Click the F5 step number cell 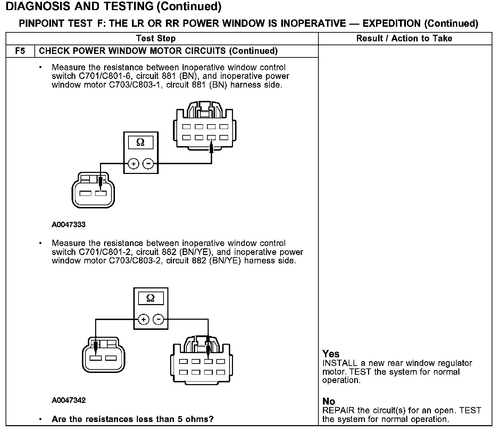[x=20, y=51]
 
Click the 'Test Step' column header [x=156, y=38]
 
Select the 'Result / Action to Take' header [x=404, y=38]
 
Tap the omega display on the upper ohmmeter [x=140, y=142]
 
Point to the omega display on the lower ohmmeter [x=150, y=298]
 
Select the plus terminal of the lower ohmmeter [x=143, y=319]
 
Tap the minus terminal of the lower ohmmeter [x=158, y=319]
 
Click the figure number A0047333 [x=68, y=224]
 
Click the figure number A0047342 [x=68, y=400]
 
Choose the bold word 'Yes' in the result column [x=331, y=354]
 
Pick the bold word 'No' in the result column [x=328, y=401]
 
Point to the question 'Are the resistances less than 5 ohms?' [x=132, y=419]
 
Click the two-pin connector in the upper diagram [x=93, y=190]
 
